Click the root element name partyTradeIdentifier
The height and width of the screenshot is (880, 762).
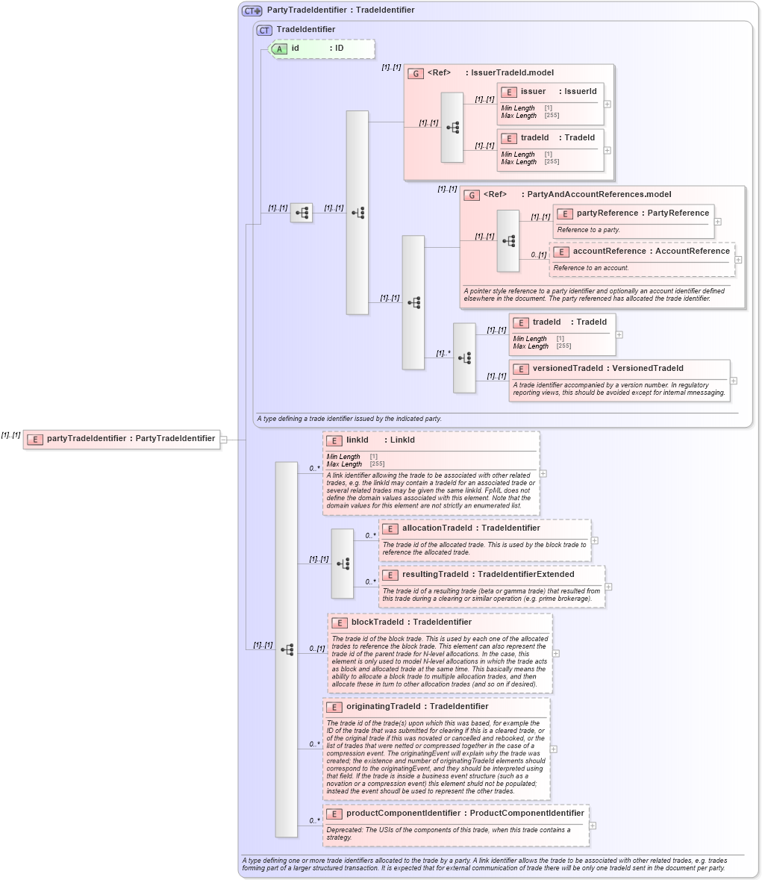pos(87,438)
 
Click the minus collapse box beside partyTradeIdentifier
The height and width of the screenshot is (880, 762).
pos(223,439)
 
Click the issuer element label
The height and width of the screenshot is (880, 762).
pos(533,91)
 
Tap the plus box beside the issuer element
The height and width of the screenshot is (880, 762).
pos(608,104)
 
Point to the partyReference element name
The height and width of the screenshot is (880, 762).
pos(607,213)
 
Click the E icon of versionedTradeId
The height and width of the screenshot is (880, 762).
pos(520,369)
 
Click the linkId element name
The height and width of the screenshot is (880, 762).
pos(357,440)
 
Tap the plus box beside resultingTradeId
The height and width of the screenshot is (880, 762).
pos(609,586)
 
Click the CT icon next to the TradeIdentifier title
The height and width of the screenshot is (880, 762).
pos(264,30)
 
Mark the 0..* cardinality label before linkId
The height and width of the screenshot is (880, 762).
pos(315,469)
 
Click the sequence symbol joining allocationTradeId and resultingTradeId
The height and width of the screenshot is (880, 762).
pos(343,563)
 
